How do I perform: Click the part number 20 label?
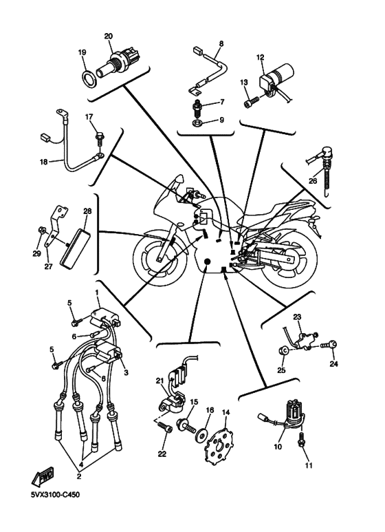[109, 36]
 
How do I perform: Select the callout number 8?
[221, 44]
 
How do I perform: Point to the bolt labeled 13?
[251, 101]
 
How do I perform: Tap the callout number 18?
[44, 162]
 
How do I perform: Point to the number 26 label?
[313, 181]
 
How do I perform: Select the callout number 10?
[278, 447]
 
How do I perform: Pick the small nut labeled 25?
[284, 350]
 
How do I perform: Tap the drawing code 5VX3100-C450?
[55, 495]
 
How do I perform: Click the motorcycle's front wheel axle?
[159, 260]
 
